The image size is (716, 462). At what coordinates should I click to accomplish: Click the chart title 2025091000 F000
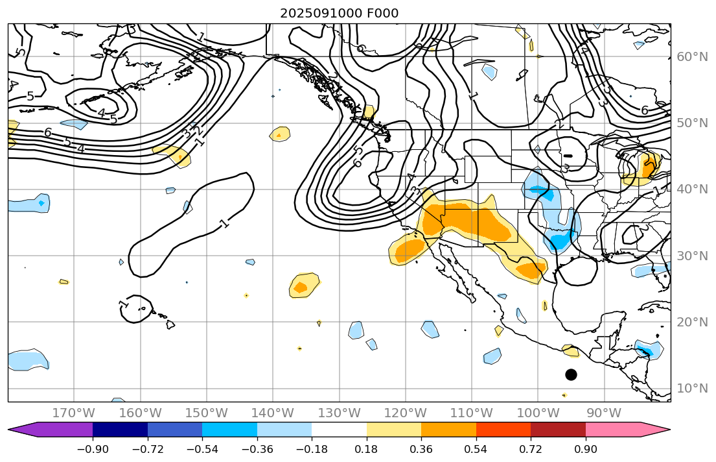[339, 13]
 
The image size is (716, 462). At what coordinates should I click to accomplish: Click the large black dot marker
[571, 374]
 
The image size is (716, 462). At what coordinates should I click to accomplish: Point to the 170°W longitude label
[74, 413]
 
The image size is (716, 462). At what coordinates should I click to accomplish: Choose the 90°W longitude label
[604, 413]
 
